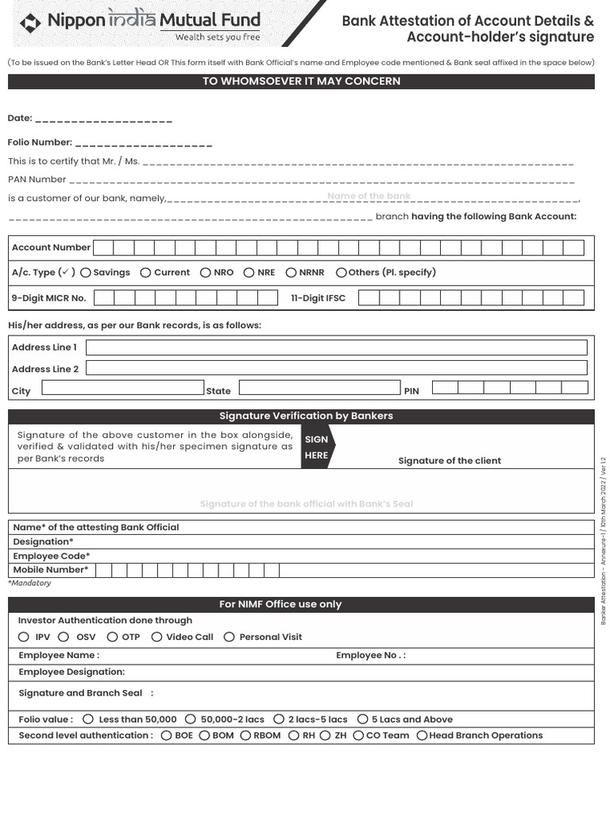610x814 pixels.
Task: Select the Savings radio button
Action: click(86, 273)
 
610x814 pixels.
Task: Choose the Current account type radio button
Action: click(145, 273)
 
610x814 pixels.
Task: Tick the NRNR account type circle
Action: click(291, 273)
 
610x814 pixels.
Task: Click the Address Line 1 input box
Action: click(336, 347)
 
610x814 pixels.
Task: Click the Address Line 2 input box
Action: click(336, 368)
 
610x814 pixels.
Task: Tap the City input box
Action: click(123, 388)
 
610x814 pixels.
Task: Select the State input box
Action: click(319, 388)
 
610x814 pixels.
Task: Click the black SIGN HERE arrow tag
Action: click(317, 447)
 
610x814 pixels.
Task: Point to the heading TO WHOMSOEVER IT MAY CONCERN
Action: click(301, 81)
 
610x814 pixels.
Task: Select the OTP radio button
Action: click(112, 637)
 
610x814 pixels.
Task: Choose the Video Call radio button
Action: click(156, 637)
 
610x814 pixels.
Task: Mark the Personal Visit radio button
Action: click(229, 637)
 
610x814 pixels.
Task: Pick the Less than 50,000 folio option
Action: click(88, 719)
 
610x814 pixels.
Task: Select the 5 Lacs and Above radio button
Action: click(362, 719)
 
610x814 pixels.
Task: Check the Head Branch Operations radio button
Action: click(422, 736)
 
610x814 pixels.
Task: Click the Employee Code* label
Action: click(52, 556)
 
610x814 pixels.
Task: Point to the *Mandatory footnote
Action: click(29, 583)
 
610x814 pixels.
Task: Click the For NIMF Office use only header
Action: click(280, 604)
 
